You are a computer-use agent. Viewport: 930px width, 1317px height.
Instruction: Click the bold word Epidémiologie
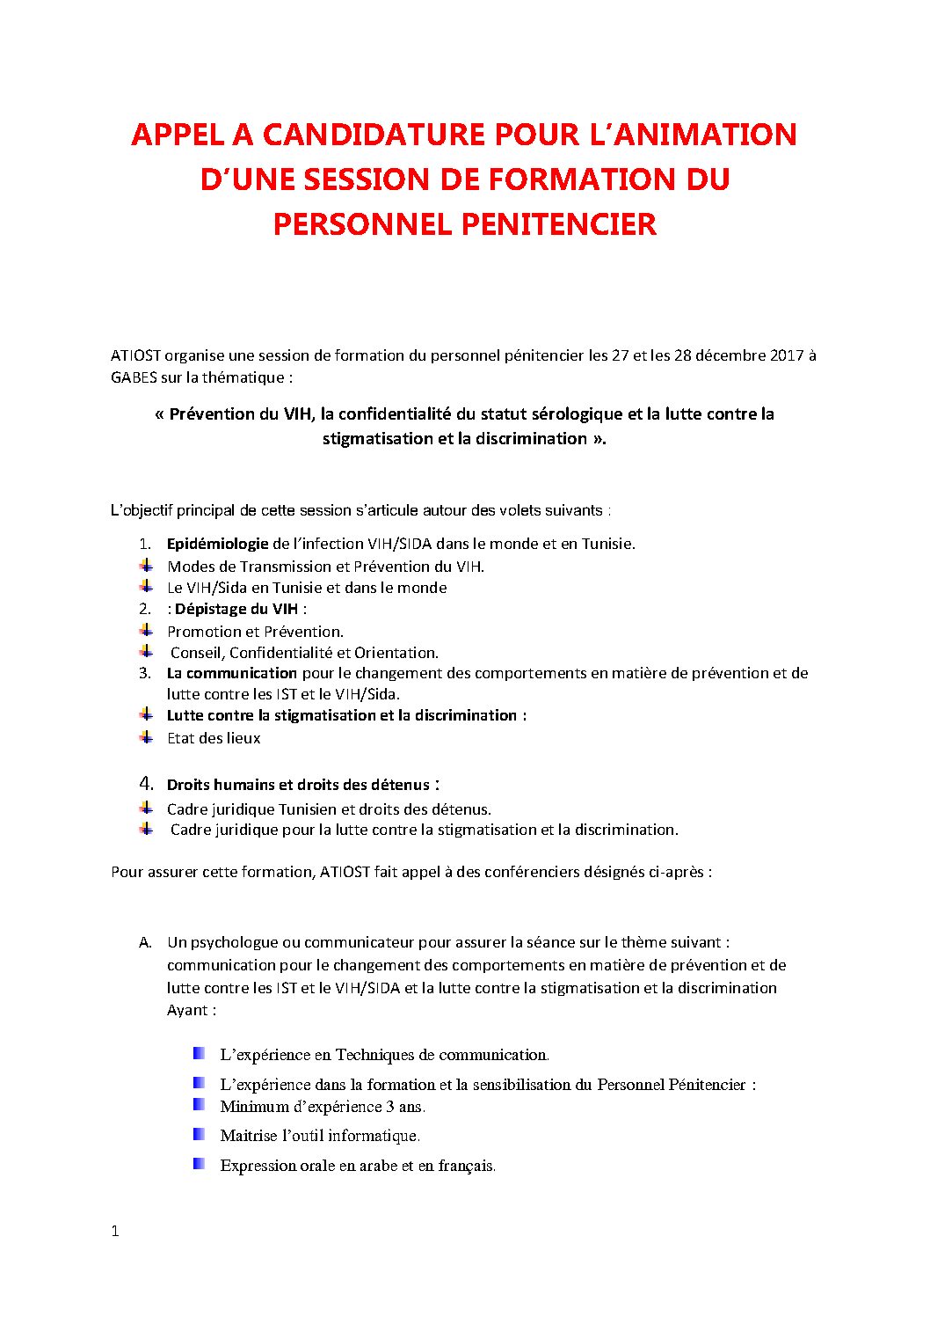[x=217, y=544]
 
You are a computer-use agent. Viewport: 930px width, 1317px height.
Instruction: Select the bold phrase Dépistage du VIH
[x=236, y=609]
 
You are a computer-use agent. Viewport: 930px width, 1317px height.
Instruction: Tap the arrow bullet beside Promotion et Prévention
[x=146, y=630]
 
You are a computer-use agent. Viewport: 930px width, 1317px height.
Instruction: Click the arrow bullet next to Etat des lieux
[x=146, y=736]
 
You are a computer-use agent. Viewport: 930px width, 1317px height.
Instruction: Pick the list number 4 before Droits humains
[x=146, y=783]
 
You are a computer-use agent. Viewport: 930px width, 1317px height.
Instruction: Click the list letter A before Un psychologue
[x=145, y=942]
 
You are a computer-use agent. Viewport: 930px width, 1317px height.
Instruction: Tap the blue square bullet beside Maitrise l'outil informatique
[x=200, y=1134]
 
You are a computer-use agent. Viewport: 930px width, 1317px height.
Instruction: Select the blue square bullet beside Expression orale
[x=200, y=1163]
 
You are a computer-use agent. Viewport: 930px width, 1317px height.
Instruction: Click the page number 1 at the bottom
[x=115, y=1232]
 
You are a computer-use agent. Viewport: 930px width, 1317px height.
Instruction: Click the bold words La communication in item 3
[x=232, y=673]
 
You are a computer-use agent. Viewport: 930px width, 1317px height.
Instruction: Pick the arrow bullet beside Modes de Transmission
[x=146, y=565]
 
